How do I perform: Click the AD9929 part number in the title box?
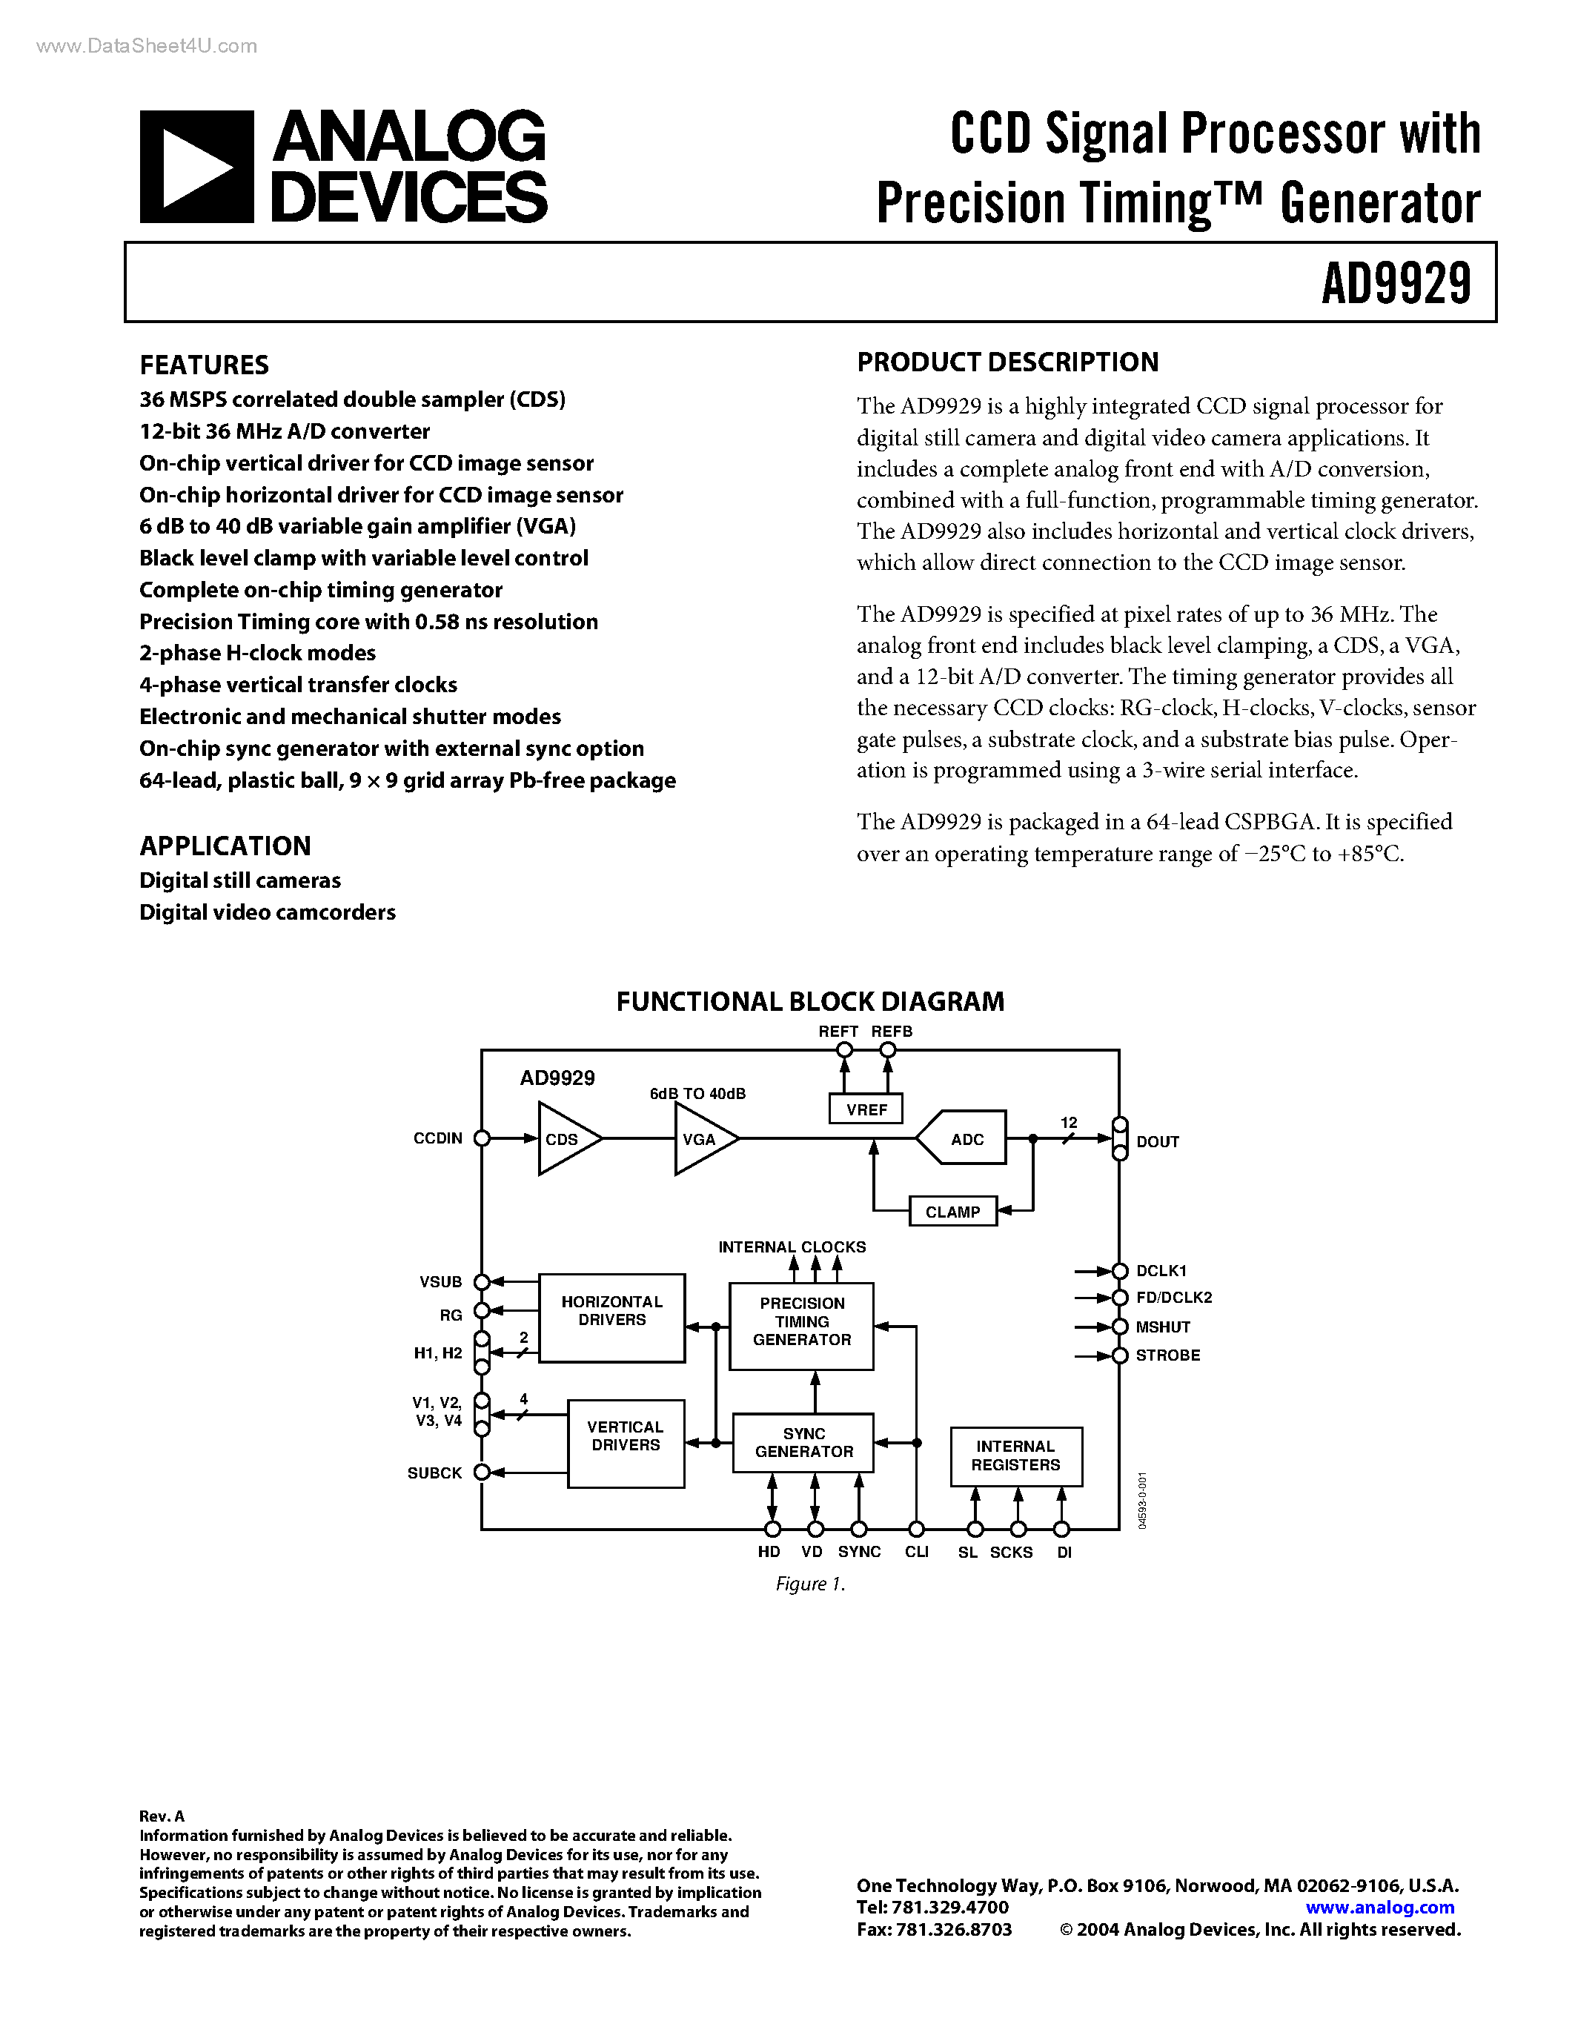pos(1396,284)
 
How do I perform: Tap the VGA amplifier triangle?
pos(702,1139)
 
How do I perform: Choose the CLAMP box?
pos(952,1211)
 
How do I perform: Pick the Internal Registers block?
pos(1016,1456)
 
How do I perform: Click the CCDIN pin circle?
pos(483,1138)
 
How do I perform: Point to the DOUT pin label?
pos(1158,1141)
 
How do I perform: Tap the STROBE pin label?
pos(1167,1355)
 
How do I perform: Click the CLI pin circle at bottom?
pos(916,1528)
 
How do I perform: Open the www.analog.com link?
pos(1380,1908)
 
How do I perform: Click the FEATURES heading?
pos(205,365)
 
